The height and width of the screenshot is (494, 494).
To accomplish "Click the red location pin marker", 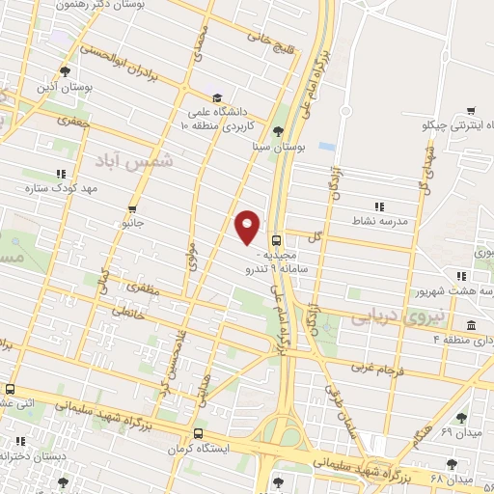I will (248, 226).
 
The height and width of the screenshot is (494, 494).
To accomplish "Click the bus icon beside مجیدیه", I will (278, 239).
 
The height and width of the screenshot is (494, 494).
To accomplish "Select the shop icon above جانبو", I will (132, 208).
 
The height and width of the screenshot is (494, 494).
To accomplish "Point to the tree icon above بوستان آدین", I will (65, 70).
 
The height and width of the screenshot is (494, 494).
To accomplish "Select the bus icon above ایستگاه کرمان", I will (198, 433).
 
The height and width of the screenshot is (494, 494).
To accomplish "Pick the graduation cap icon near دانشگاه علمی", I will (218, 97).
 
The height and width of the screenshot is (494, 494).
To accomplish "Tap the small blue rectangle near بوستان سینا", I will (327, 147).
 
